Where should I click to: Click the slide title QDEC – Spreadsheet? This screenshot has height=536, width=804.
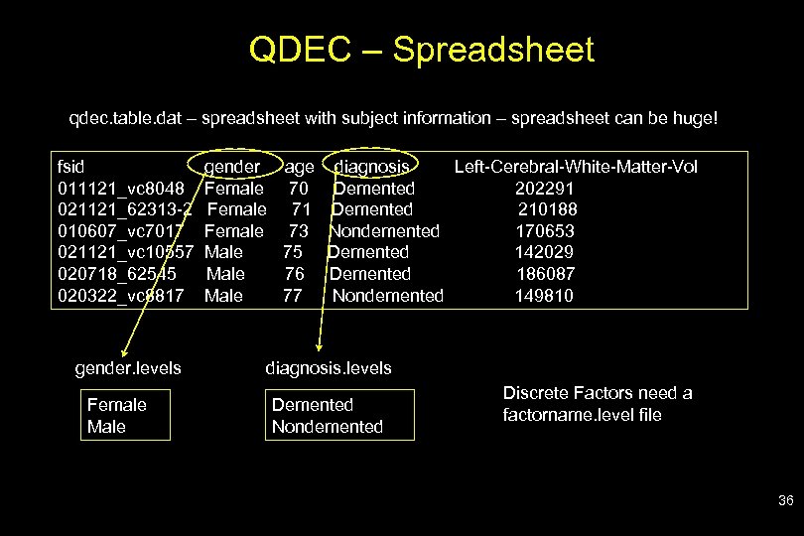tap(422, 50)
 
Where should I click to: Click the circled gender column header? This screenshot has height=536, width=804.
tap(232, 167)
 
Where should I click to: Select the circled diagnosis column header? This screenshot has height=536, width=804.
tap(373, 167)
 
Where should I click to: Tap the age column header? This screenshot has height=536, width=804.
tap(298, 167)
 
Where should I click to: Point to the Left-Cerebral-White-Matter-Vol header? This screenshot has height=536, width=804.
tap(576, 167)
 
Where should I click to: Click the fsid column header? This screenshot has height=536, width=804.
tap(71, 167)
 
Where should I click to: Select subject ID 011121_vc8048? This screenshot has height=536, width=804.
tap(120, 189)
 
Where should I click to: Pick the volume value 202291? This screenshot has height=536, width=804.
tap(545, 189)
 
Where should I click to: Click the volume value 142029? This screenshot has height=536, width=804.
tap(544, 252)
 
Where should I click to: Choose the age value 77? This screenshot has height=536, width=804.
tap(292, 295)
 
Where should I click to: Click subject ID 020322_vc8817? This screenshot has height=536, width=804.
tap(120, 295)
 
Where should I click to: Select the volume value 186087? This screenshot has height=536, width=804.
tap(546, 274)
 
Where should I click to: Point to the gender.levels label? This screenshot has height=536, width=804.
tap(128, 368)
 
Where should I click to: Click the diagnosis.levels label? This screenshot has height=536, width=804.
tap(328, 368)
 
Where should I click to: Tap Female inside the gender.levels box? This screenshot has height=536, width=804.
tap(116, 405)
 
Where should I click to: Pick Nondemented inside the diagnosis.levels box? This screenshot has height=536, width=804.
tap(327, 427)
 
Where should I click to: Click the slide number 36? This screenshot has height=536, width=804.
tap(785, 501)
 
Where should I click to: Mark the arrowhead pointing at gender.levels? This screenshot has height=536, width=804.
tap(122, 350)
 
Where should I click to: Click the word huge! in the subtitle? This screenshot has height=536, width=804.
tap(692, 119)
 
